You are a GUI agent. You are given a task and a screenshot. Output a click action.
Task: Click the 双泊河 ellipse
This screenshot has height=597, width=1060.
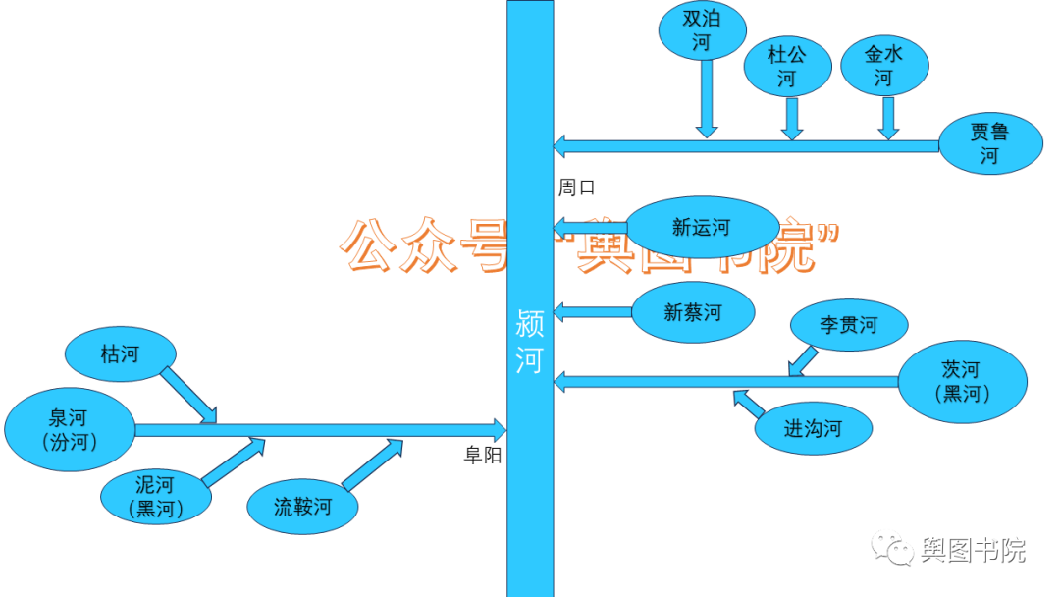(702, 31)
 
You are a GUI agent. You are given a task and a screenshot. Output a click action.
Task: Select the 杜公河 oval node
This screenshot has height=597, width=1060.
(786, 67)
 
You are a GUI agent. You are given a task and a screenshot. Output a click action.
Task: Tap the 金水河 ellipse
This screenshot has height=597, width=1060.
(884, 67)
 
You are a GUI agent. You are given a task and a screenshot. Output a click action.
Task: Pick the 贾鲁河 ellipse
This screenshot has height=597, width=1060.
(989, 143)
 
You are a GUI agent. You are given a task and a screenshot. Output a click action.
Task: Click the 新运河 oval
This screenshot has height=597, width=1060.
(695, 228)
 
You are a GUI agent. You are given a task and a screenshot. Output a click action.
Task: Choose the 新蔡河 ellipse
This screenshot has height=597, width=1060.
(693, 313)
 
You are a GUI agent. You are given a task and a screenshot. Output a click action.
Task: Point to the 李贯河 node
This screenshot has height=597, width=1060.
(849, 324)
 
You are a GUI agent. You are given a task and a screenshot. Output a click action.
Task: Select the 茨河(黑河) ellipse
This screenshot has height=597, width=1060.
(961, 381)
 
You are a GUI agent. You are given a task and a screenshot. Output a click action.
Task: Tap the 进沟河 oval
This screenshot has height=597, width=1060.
(813, 428)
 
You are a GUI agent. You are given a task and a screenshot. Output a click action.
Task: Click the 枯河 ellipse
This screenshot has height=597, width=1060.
(120, 353)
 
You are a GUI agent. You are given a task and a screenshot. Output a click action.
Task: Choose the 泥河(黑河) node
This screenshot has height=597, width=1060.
(156, 496)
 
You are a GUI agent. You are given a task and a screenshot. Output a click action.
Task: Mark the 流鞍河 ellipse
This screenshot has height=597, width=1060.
(303, 507)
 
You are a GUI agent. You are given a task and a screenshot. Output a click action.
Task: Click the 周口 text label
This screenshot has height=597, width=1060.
(577, 188)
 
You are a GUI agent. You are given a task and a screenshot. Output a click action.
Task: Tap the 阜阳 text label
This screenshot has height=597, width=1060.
(483, 455)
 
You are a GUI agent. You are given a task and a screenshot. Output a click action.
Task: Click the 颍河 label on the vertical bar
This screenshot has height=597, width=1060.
(530, 343)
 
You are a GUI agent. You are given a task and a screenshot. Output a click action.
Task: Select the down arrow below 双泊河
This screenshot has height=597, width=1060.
(707, 98)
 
